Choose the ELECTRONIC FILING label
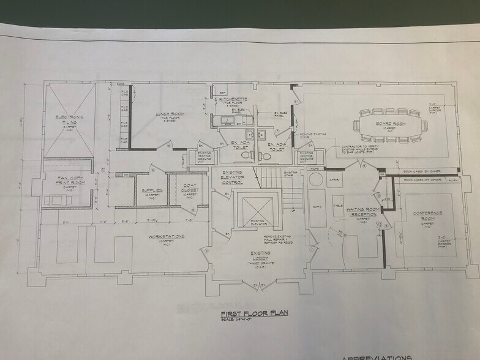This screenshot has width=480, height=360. [x=69, y=119]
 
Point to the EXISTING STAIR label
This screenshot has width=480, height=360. [x=290, y=174]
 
